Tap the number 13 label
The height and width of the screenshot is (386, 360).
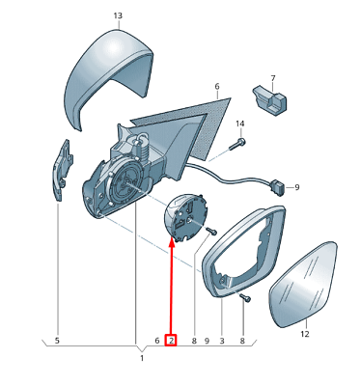point(118,16)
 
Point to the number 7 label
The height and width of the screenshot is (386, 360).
point(273,77)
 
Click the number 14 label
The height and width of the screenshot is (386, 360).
point(240,124)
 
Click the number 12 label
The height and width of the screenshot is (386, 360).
point(304,335)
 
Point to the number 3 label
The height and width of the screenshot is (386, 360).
point(221,340)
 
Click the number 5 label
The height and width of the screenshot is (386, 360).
point(56,340)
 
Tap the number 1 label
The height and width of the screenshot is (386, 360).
point(141,359)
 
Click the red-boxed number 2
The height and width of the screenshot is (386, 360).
point(171,340)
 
